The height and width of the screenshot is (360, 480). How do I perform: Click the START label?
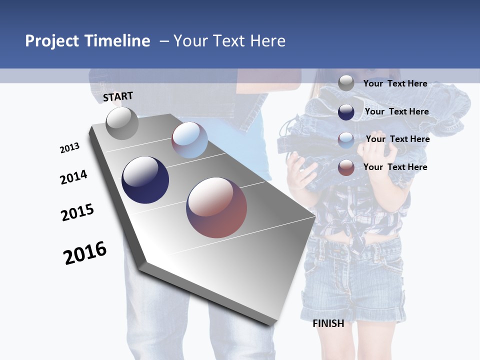click(x=118, y=96)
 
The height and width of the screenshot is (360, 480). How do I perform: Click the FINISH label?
click(x=328, y=323)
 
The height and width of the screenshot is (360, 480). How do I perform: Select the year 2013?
click(x=69, y=148)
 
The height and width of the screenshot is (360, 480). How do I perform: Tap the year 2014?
click(x=73, y=177)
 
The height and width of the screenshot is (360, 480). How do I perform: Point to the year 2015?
click(x=77, y=212)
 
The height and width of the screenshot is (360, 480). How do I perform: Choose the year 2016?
click(x=85, y=253)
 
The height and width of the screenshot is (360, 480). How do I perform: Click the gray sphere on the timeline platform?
click(x=122, y=123)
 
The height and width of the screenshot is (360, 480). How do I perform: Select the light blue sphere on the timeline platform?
click(x=189, y=140)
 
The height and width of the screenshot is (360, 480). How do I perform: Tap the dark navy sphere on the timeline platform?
click(x=145, y=180)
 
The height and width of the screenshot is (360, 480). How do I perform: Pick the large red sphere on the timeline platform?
click(x=217, y=207)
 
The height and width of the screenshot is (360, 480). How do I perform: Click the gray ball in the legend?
click(x=346, y=83)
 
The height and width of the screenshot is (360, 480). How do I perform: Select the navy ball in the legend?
click(x=346, y=112)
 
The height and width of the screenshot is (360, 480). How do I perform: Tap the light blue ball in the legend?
click(x=346, y=139)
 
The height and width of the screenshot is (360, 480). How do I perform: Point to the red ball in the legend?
click(x=346, y=167)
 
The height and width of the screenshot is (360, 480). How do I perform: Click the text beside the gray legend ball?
click(x=395, y=83)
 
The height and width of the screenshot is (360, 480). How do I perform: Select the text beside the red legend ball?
click(x=395, y=167)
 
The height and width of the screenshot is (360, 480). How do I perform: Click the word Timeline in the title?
click(x=118, y=41)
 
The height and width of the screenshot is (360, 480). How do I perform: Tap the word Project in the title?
click(x=52, y=41)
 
